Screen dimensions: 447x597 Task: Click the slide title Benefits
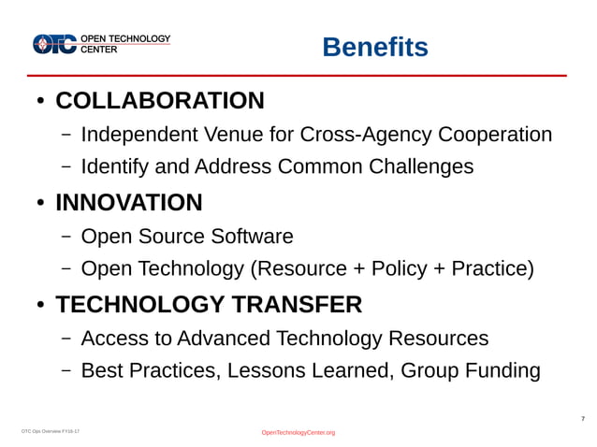pos(375,47)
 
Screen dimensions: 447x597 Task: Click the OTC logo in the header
pos(55,44)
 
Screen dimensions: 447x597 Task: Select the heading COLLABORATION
pos(160,100)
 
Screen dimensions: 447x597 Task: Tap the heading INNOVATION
pos(129,202)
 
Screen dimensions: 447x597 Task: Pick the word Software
pos(253,237)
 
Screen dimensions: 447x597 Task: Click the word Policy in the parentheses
pos(400,269)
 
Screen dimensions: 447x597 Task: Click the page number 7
pos(583,418)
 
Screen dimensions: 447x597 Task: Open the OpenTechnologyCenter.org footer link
pos(298,432)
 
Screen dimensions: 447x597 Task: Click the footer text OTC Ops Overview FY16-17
pos(51,431)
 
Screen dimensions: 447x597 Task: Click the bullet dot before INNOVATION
pos(40,204)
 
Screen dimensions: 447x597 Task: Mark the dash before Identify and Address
pos(66,168)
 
